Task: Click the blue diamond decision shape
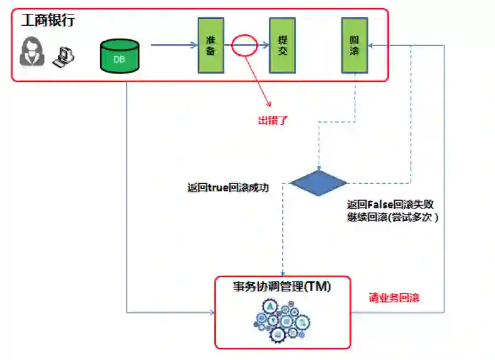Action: tap(319, 183)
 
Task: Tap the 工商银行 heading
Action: tap(48, 20)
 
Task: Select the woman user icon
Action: tap(31, 51)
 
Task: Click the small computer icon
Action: tap(64, 57)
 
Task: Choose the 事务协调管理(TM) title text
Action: tap(282, 286)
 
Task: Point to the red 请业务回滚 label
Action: tap(394, 298)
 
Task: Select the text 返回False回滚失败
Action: tap(390, 205)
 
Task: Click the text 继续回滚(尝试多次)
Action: tap(392, 217)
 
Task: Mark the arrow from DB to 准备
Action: tap(174, 45)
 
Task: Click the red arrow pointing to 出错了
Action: tap(257, 82)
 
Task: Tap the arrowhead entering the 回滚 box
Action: tap(372, 45)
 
